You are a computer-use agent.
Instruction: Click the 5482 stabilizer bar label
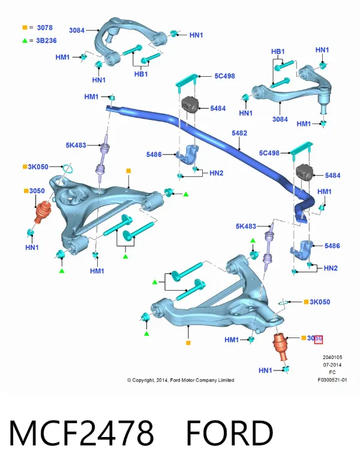(x=239, y=133)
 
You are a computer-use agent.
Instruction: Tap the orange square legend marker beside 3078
(x=25, y=28)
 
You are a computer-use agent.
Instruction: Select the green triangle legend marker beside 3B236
(x=25, y=40)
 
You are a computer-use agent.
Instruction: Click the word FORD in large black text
(x=230, y=433)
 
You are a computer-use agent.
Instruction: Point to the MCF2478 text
(x=82, y=433)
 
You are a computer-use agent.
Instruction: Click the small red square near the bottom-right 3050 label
(x=319, y=339)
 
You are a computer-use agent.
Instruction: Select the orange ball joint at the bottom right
(x=280, y=347)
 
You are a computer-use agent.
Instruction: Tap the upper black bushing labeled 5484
(x=190, y=104)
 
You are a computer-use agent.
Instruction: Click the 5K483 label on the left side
(x=76, y=145)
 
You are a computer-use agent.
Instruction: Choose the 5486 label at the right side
(x=332, y=246)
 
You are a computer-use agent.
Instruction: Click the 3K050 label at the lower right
(x=320, y=302)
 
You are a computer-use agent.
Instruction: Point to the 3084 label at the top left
(x=77, y=30)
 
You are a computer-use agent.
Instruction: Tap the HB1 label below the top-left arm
(x=141, y=74)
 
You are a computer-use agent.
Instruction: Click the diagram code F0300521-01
(x=332, y=380)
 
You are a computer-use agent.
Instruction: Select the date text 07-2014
(x=332, y=364)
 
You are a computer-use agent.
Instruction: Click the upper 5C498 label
(x=224, y=76)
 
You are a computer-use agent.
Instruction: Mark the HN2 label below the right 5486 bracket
(x=331, y=268)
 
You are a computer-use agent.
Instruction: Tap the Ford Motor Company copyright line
(x=181, y=380)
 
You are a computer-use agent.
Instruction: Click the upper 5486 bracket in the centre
(x=188, y=155)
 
